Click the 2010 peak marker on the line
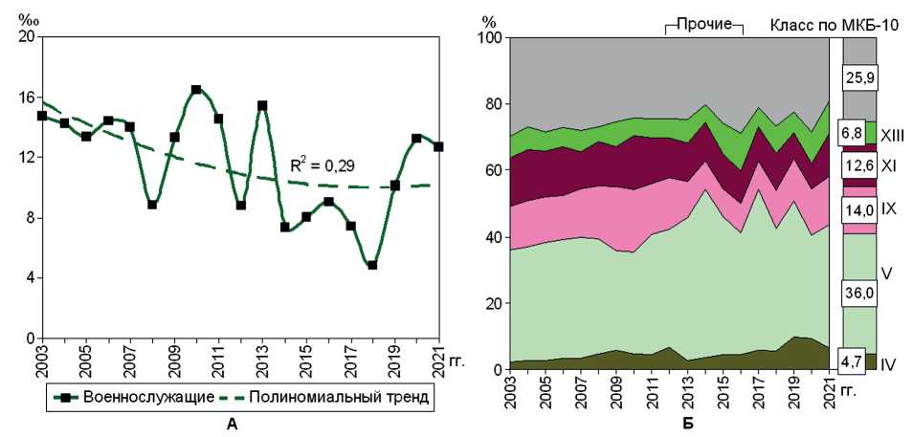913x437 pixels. pyautogui.click(x=196, y=90)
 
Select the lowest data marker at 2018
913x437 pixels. pyautogui.click(x=372, y=265)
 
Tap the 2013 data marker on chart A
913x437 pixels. pyautogui.click(x=262, y=105)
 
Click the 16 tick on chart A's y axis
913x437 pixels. pyautogui.click(x=27, y=98)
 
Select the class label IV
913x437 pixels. pyautogui.click(x=888, y=364)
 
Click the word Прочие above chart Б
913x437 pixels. pyautogui.click(x=704, y=22)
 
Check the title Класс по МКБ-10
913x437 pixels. pyautogui.click(x=834, y=24)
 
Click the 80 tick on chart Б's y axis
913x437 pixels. pyautogui.click(x=494, y=104)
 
